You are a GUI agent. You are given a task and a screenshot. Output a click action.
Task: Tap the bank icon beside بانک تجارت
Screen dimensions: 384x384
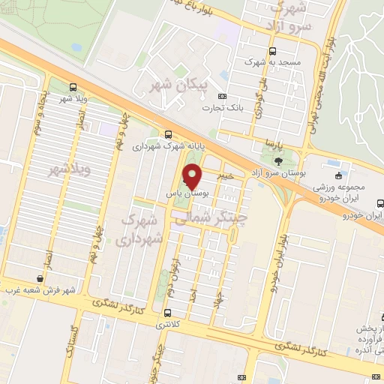(x=221, y=96)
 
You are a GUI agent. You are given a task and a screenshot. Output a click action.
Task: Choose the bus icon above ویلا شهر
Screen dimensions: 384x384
(x=73, y=87)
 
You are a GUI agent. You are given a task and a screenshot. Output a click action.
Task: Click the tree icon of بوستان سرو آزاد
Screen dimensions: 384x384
(x=279, y=160)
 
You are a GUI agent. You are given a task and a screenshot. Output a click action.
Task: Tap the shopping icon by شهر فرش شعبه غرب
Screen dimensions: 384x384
(x=40, y=279)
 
